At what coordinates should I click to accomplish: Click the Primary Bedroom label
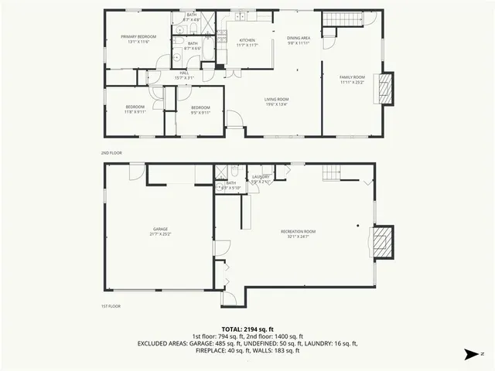click(x=138, y=36)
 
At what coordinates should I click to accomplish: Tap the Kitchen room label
click(x=247, y=40)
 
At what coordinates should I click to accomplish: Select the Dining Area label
click(x=299, y=38)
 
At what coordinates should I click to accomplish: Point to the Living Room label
click(x=277, y=99)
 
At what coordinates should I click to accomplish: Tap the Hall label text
click(x=184, y=73)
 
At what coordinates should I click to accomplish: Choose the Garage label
click(x=160, y=230)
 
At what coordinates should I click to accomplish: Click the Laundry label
click(x=261, y=177)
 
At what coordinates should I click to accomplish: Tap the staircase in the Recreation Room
click(x=331, y=172)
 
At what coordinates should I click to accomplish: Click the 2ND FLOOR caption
click(x=111, y=153)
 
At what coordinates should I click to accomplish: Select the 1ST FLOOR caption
click(x=111, y=307)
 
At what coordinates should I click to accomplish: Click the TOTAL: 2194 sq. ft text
click(x=247, y=328)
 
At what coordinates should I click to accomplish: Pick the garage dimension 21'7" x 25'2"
click(x=160, y=235)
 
